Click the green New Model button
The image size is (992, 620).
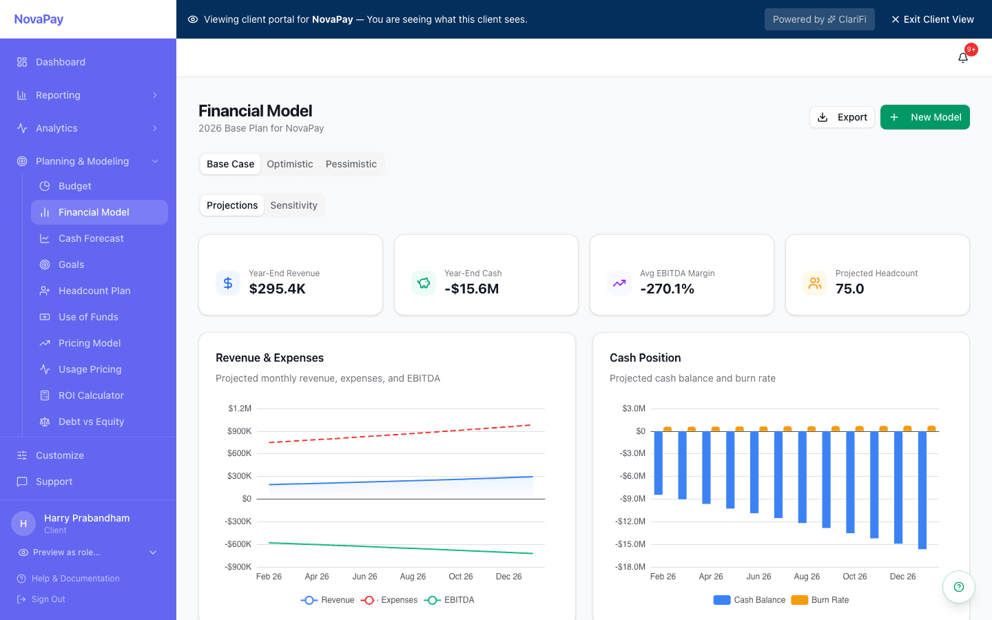[x=924, y=117]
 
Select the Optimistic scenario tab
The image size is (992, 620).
[x=289, y=164]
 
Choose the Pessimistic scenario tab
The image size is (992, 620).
[x=351, y=164]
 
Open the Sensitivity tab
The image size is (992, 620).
[x=293, y=205]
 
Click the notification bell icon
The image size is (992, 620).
[x=963, y=58]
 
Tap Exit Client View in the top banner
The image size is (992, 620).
[x=932, y=19]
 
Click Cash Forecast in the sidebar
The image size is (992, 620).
[x=91, y=238]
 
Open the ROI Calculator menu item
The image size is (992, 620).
[x=91, y=395]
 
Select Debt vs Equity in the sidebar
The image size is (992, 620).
[x=91, y=422]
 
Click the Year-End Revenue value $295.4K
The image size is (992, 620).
[x=277, y=289]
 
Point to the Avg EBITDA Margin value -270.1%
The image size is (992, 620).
[x=667, y=289]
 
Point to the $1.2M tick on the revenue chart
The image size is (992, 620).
[x=240, y=409]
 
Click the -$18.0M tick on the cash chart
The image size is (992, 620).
[x=630, y=567]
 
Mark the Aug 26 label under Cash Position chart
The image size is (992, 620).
[x=807, y=577]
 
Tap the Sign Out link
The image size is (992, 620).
[x=48, y=599]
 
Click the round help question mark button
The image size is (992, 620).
[x=958, y=587]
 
